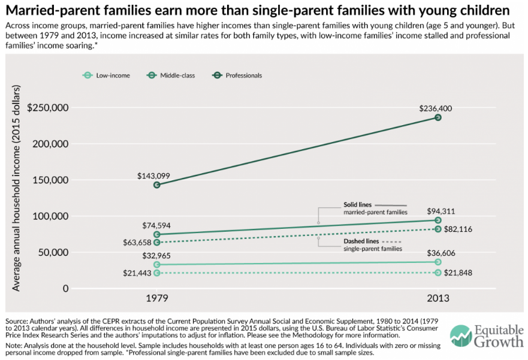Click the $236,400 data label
point(438,108)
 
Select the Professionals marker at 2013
point(438,117)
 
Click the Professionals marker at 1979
point(157,185)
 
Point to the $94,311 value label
point(438,211)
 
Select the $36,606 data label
point(438,253)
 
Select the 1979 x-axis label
point(157,298)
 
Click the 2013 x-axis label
point(438,298)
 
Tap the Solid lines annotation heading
point(358,204)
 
